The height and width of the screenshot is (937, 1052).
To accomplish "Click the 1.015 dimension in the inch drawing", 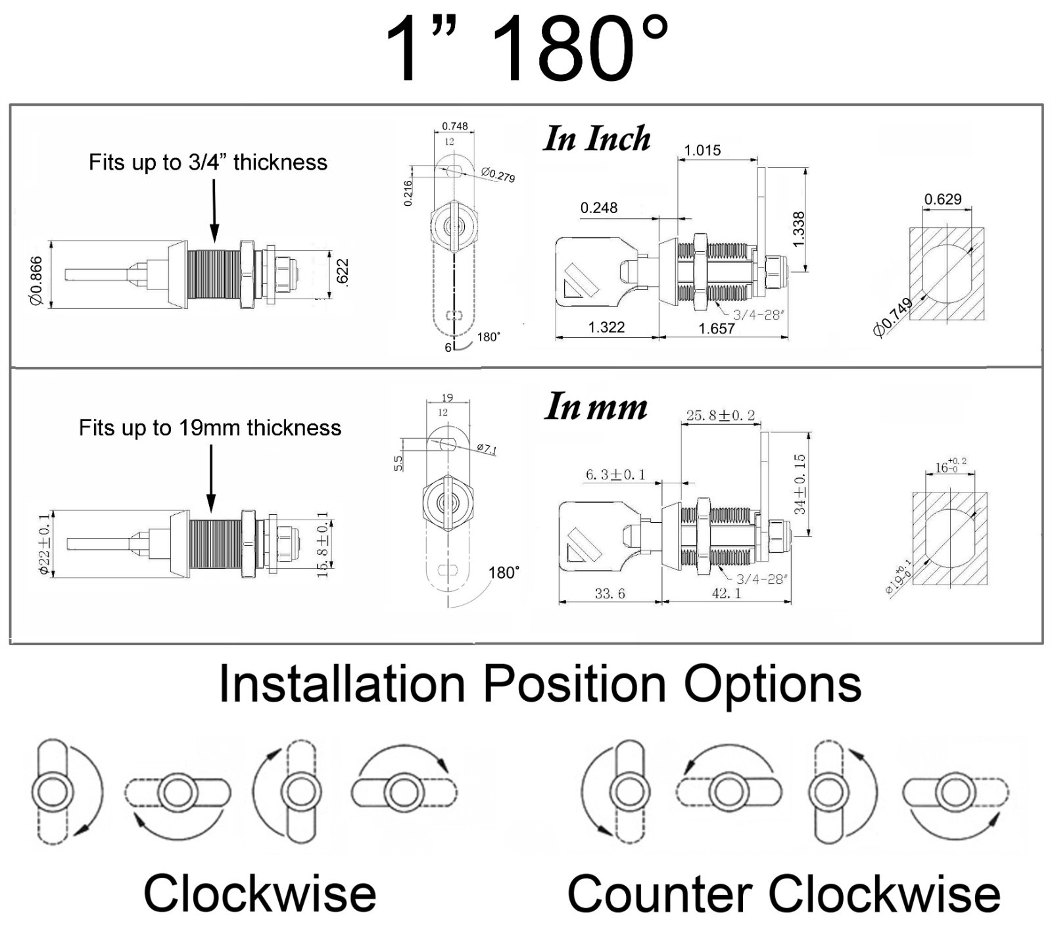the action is click(702, 150).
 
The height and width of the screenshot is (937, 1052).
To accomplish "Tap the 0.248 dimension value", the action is click(598, 208).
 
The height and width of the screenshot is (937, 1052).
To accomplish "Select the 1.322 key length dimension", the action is click(606, 327).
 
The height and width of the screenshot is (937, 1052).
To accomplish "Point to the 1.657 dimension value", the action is click(717, 328).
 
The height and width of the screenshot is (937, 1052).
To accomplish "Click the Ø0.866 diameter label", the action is click(36, 281).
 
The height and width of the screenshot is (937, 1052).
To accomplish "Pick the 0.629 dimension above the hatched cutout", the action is click(943, 199).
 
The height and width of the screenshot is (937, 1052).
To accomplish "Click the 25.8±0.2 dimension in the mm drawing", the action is click(721, 416).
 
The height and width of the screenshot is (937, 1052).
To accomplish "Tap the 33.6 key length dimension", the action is click(610, 594).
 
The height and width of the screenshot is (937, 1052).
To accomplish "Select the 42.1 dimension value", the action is click(726, 593).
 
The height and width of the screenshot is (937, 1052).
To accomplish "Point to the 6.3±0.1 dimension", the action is click(615, 474).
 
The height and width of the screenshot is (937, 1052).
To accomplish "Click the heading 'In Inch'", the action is click(597, 139).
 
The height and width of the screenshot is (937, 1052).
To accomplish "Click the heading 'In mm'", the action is click(596, 406).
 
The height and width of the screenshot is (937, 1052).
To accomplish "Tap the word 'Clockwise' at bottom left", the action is click(260, 893).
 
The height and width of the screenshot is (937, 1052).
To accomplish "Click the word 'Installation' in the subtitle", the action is click(342, 684).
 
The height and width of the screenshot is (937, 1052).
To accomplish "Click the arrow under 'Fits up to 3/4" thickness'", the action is click(214, 210).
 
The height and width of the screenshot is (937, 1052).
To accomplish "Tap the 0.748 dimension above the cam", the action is click(455, 126).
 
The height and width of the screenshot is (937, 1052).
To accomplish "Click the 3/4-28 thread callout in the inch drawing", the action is click(757, 314).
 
